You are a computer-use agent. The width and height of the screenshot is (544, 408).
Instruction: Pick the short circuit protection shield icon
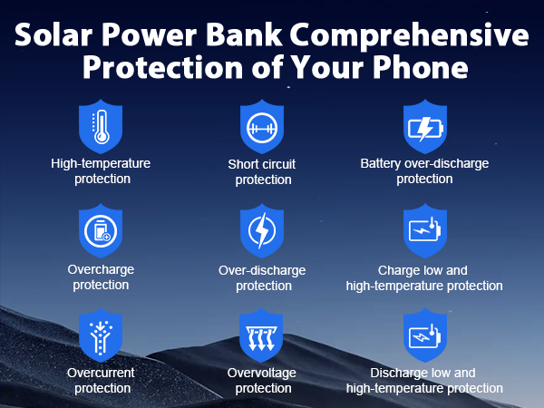(x=263, y=127)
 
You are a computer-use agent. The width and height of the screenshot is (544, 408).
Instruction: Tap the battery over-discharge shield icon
(x=424, y=126)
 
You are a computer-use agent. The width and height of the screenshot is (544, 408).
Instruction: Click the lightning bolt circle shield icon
(x=263, y=232)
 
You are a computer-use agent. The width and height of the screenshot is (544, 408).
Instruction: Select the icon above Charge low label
(x=424, y=232)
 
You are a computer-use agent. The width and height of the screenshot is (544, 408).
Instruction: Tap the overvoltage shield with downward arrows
(x=263, y=337)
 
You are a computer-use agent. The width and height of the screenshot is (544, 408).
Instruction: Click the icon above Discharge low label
(x=424, y=337)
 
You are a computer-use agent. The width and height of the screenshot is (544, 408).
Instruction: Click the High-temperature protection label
(x=100, y=171)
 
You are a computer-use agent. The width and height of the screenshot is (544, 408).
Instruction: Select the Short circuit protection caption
(x=263, y=172)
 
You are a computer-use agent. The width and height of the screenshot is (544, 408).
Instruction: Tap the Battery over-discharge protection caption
(x=424, y=171)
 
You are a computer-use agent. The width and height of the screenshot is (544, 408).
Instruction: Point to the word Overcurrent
(x=100, y=373)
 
